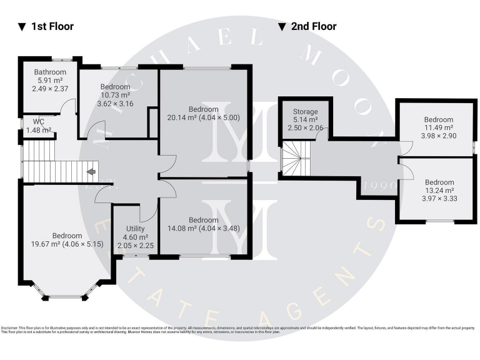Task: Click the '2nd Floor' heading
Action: click(x=313, y=26)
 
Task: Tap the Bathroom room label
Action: click(x=50, y=72)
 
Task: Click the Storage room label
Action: click(x=306, y=111)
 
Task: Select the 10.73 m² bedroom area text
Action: click(x=115, y=95)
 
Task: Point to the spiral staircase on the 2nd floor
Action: click(x=293, y=158)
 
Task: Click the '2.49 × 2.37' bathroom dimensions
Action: click(x=50, y=89)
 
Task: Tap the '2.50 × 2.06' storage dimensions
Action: click(x=306, y=127)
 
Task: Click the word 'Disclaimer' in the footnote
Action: click(x=9, y=327)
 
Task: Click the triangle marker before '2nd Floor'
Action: click(x=282, y=27)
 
